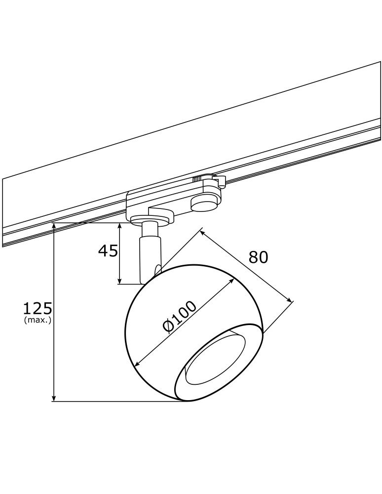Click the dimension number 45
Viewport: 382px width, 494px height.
[x=108, y=251]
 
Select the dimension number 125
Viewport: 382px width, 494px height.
[x=38, y=309]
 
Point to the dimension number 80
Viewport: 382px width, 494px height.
[x=258, y=257]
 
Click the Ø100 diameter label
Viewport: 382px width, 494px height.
[x=179, y=316]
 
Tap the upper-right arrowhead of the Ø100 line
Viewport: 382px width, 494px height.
[x=232, y=280]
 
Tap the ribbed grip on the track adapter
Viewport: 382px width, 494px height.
[x=197, y=179]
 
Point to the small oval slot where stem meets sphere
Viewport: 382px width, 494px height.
[x=157, y=270]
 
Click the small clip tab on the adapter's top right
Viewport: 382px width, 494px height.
[x=220, y=180]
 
